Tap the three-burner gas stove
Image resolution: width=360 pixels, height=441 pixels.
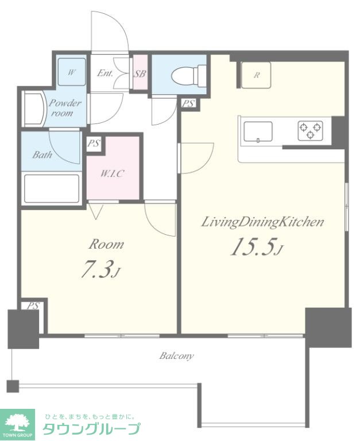[310, 131]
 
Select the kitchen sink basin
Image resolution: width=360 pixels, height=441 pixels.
[258, 131]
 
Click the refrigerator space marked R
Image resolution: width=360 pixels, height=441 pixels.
[256, 75]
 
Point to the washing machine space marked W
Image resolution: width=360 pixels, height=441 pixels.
[72, 72]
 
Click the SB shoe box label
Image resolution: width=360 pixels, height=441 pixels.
[140, 73]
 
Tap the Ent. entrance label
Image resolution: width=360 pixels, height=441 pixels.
[105, 73]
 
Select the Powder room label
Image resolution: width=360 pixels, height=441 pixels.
[65, 108]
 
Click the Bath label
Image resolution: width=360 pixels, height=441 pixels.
[42, 154]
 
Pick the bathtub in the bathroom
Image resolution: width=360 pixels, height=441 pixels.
[52, 188]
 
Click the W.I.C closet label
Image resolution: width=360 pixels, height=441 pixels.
[112, 173]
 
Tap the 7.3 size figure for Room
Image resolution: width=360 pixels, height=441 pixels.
[100, 269]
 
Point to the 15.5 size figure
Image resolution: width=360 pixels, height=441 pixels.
[256, 247]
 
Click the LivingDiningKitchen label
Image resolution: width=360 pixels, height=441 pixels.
[262, 222]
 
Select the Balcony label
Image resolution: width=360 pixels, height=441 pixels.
[176, 356]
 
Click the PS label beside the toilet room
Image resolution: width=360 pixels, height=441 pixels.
[188, 104]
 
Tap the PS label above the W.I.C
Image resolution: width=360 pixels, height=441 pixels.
[94, 144]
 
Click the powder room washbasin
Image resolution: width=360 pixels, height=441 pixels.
[34, 109]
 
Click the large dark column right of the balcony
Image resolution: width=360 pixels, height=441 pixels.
[328, 328]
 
